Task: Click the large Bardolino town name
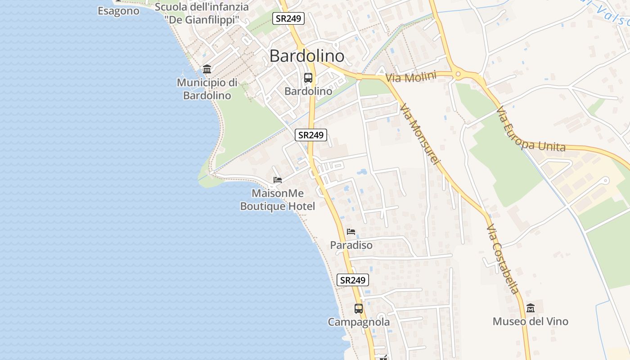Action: [x=307, y=56]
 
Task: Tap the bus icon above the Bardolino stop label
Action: [x=308, y=78]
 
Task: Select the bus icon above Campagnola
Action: [x=359, y=309]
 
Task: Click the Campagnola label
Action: [x=359, y=322]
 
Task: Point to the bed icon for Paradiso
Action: [x=351, y=232]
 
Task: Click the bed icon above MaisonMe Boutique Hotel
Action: [x=278, y=180]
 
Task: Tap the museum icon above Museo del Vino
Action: [x=531, y=308]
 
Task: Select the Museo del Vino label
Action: [x=531, y=321]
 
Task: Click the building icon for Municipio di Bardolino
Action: [x=207, y=69]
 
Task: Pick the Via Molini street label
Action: [x=411, y=77]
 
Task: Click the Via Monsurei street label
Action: [x=418, y=134]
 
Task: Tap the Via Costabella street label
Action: [x=503, y=258]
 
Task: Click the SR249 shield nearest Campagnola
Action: [x=353, y=280]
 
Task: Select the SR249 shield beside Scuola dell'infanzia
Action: [x=288, y=18]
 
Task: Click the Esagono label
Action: [x=119, y=11]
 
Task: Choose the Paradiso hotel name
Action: [x=351, y=245]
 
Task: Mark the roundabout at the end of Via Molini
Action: [x=458, y=74]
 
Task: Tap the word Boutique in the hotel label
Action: [x=264, y=206]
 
